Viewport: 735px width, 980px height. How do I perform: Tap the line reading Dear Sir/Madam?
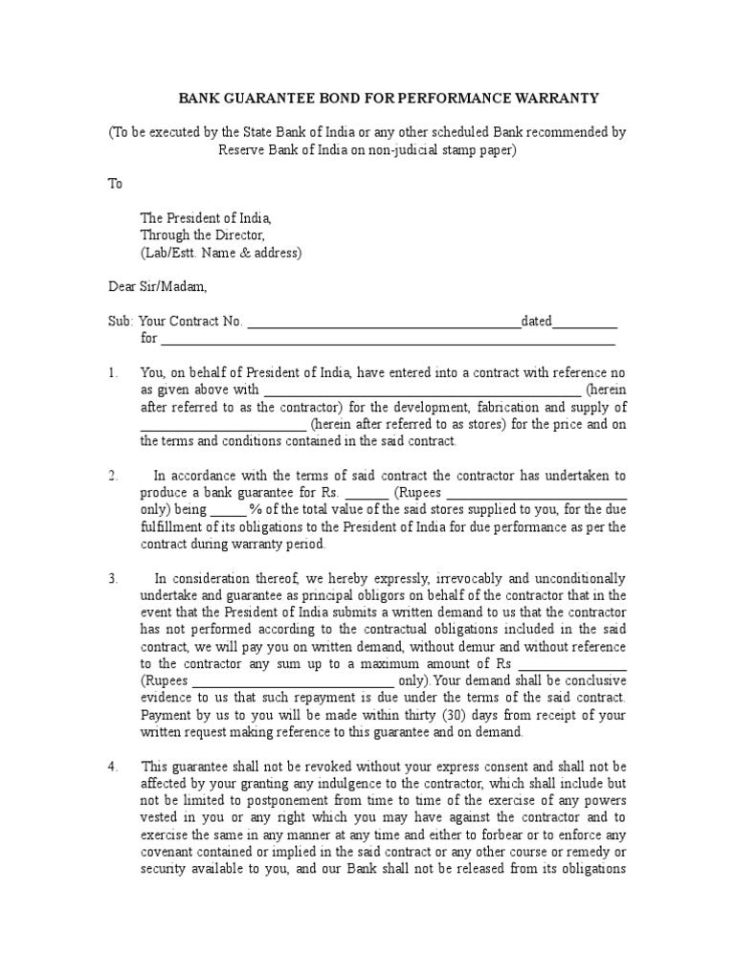156,286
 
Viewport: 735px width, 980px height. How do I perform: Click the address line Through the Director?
202,235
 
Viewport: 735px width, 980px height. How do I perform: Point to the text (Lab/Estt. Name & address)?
221,253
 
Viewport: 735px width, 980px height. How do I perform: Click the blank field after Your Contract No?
384,322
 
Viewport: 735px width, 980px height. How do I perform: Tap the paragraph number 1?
113,372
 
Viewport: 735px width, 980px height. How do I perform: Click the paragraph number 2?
113,476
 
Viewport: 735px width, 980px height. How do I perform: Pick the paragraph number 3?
113,578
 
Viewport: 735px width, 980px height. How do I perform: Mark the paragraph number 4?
113,767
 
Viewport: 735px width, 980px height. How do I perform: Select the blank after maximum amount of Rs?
571,664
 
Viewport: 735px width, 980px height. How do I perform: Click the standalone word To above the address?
115,184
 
